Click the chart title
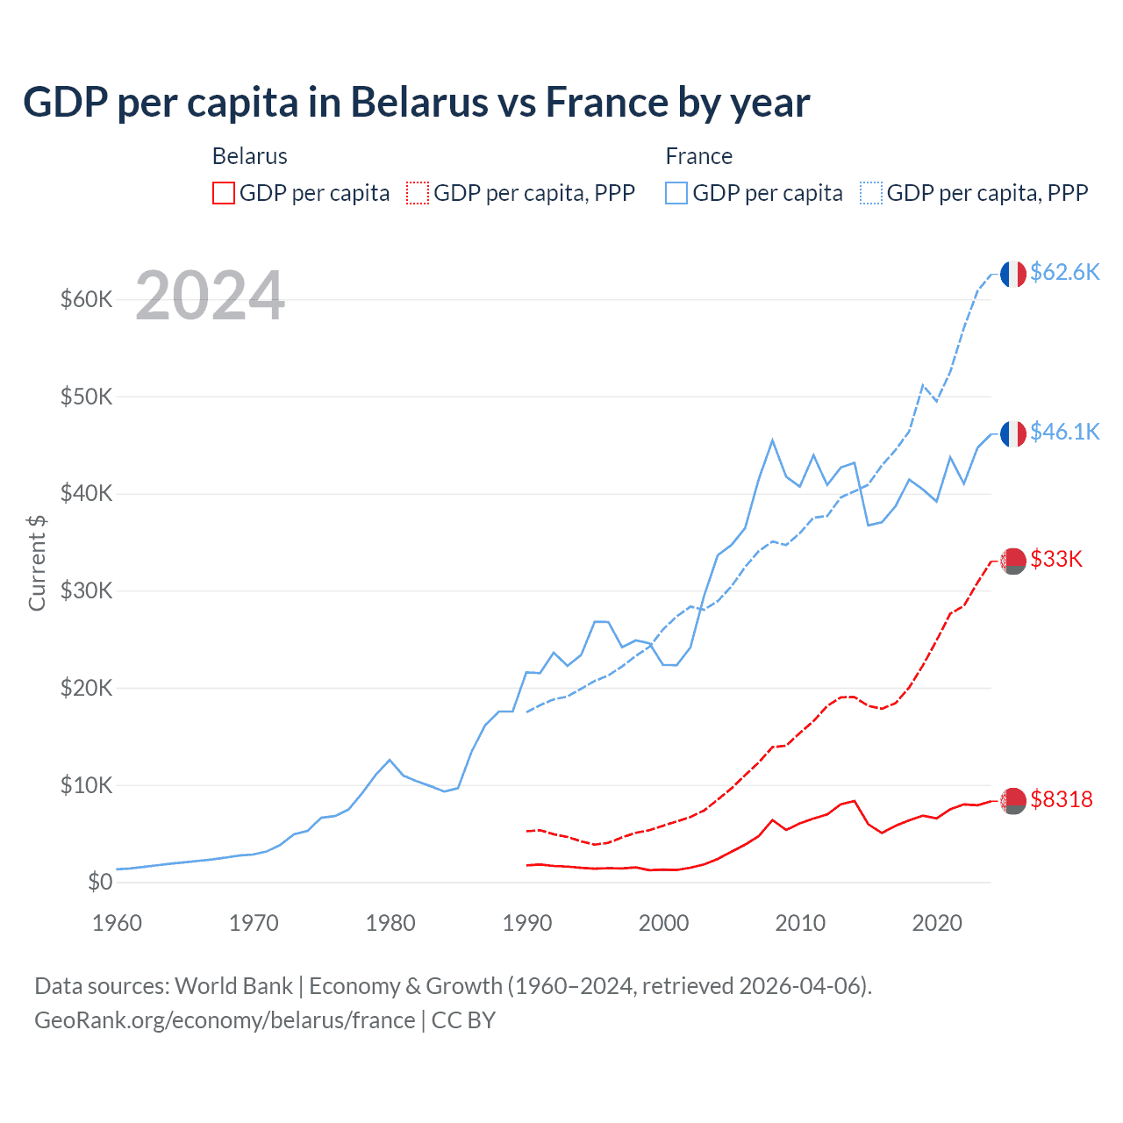point(417,103)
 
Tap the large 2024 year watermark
point(210,296)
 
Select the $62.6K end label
point(1064,272)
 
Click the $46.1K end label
point(1064,432)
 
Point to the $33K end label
point(1056,559)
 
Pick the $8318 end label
point(1062,799)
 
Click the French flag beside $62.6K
point(1013,274)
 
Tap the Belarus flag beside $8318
point(1013,800)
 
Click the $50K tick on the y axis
point(87,397)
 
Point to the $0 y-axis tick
point(100,882)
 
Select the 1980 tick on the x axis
point(390,923)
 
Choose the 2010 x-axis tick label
point(800,923)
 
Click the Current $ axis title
point(37,562)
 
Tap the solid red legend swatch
point(224,193)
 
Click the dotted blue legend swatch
point(871,193)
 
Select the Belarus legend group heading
point(250,156)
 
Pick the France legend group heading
point(698,156)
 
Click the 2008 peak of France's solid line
point(772,440)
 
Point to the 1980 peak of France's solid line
point(390,760)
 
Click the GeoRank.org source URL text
point(225,1020)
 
